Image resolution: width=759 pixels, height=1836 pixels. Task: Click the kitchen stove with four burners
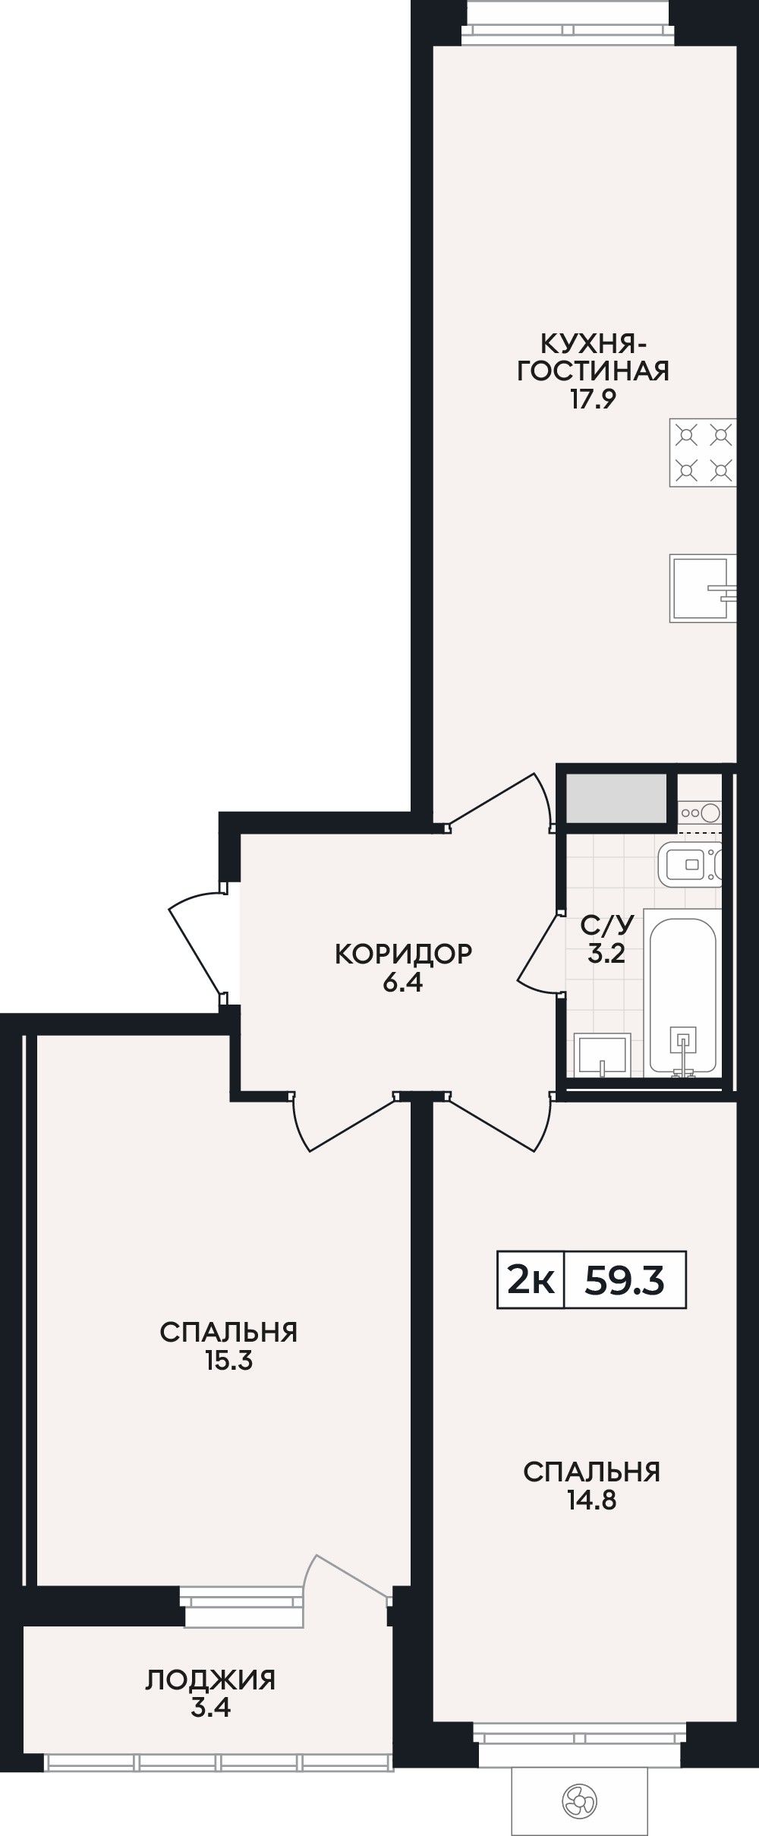click(703, 453)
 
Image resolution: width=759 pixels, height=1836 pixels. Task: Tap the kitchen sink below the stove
click(703, 588)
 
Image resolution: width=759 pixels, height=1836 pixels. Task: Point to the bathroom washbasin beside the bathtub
click(603, 1054)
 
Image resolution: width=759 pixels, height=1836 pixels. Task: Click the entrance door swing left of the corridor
click(196, 942)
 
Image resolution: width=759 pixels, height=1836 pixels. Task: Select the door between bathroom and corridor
click(540, 952)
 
